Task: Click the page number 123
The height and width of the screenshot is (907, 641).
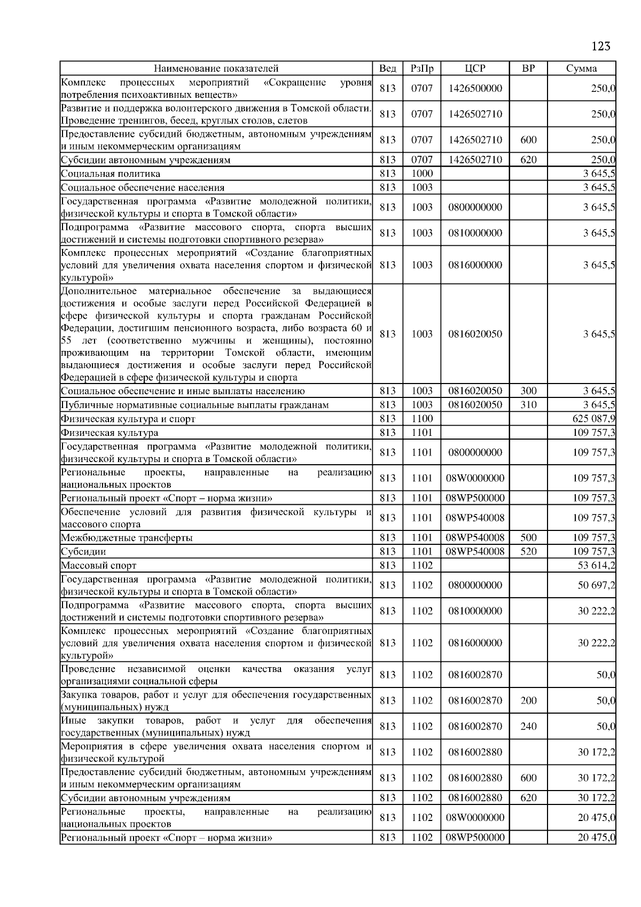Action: (600, 46)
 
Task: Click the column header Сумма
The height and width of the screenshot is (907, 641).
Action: (581, 68)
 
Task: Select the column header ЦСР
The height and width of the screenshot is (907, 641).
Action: (475, 68)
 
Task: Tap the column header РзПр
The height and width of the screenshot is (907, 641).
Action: (421, 68)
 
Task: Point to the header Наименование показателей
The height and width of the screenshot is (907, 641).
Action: (216, 68)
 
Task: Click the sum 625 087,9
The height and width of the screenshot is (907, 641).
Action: (593, 419)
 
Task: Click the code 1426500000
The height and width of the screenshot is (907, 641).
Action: (475, 88)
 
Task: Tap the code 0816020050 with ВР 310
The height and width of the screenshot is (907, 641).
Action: (475, 405)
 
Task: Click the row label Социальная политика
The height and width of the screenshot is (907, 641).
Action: (111, 174)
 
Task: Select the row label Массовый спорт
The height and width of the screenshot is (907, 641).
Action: (99, 565)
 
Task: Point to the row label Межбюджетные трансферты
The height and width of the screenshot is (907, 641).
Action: (127, 538)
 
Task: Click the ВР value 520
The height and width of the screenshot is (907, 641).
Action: (528, 551)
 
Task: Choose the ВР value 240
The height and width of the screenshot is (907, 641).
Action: (528, 726)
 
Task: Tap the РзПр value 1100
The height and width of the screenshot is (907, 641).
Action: (421, 419)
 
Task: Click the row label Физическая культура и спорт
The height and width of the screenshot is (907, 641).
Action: (128, 419)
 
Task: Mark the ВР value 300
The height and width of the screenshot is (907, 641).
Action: (528, 391)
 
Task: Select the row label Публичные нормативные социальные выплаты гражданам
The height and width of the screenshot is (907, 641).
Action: (195, 405)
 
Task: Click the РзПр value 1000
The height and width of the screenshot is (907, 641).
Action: (421, 174)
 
